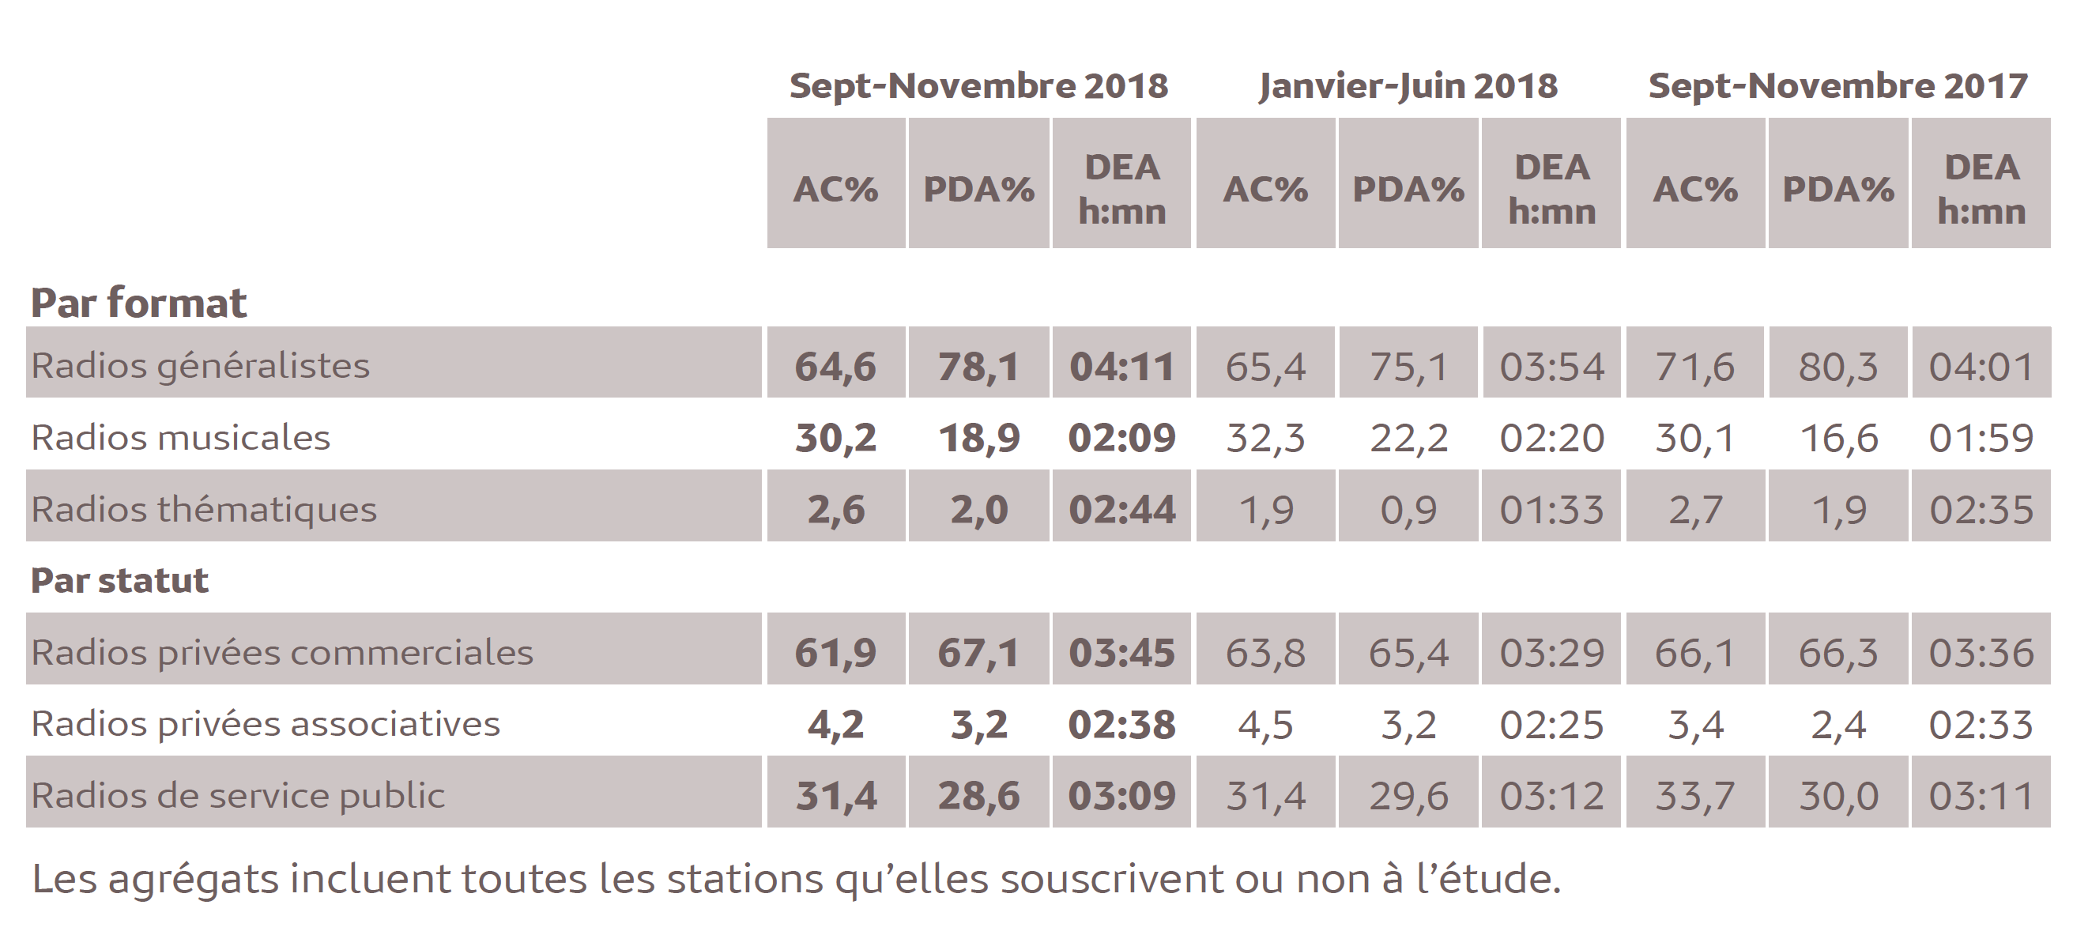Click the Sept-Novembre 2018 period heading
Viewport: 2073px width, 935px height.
pos(978,86)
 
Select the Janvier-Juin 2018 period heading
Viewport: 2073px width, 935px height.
pos(1408,86)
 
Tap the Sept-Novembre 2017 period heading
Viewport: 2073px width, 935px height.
pos(1837,86)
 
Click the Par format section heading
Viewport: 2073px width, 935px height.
pos(138,303)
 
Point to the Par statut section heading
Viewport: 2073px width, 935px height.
pos(119,580)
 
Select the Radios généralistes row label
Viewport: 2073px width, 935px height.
pos(201,366)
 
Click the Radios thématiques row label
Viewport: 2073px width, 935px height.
pos(204,509)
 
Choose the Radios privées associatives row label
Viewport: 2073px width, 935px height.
pos(266,724)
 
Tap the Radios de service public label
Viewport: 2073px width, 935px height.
pos(237,796)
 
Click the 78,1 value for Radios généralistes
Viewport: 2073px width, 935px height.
pos(978,367)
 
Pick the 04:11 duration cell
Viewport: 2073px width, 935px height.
pos(1121,367)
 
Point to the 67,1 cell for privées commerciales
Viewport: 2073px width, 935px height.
pos(978,653)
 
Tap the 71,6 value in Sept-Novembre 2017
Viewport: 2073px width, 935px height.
pos(1694,367)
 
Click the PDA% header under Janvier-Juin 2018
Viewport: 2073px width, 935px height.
pos(1408,190)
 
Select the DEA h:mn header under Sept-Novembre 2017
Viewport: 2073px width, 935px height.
pos(1981,190)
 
